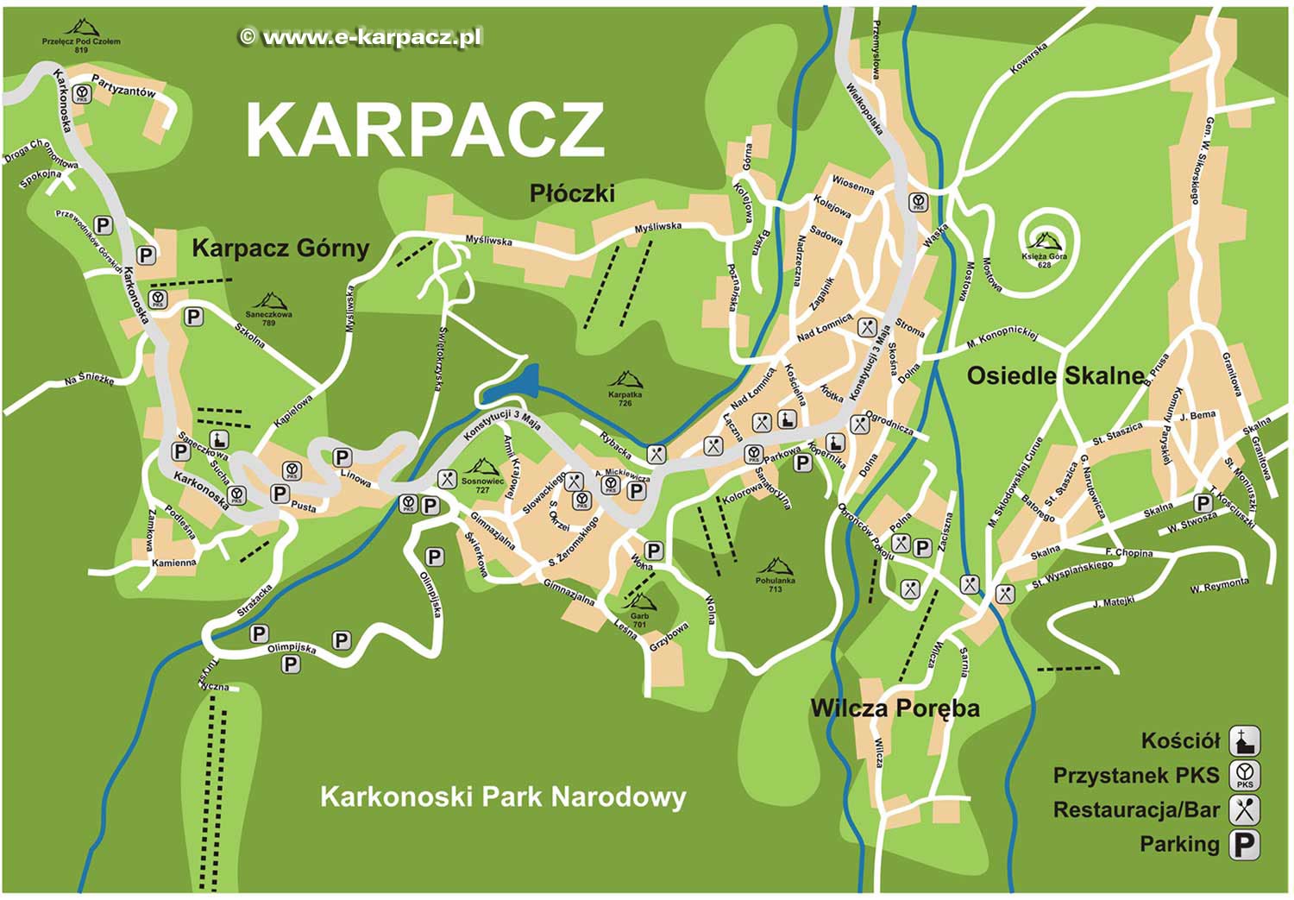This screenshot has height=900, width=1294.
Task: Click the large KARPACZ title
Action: (424, 131)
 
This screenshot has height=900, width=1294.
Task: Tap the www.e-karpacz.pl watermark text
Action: (361, 37)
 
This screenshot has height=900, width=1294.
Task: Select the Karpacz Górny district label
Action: (280, 249)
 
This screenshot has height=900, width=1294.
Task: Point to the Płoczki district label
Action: (572, 193)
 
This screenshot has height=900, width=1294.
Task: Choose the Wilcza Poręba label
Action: (895, 708)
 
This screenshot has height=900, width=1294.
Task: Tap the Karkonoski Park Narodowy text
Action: (503, 796)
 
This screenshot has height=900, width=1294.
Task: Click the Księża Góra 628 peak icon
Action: (1045, 241)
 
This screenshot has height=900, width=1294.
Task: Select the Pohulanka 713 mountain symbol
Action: (775, 567)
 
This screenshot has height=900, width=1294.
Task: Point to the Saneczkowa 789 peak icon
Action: (269, 301)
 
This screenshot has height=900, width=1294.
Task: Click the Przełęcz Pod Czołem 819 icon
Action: (81, 28)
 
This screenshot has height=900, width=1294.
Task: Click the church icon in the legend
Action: (1244, 741)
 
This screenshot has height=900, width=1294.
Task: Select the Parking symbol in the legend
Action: (1244, 845)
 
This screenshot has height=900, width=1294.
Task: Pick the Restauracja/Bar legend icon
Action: (1244, 810)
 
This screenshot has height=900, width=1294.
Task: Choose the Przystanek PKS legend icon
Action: (1244, 776)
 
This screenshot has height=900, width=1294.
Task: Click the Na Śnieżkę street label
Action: (90, 379)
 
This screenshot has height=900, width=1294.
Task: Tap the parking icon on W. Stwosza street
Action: (1202, 503)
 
